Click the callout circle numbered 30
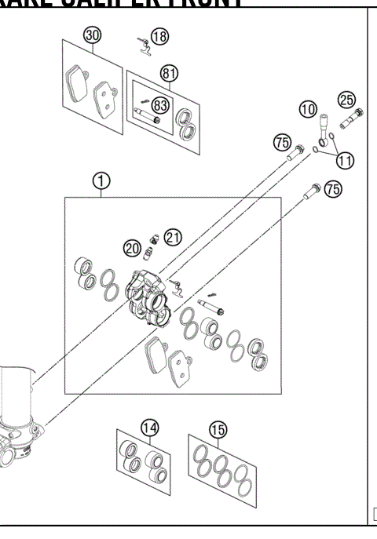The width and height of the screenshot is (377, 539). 93,36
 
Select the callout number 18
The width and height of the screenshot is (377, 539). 159,35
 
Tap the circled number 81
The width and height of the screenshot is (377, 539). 168,73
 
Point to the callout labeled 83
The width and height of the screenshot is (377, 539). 161,104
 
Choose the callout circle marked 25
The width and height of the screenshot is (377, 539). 346,99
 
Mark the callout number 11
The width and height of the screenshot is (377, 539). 345,159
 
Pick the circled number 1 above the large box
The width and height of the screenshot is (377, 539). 101,182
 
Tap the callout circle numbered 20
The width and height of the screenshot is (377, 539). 132,248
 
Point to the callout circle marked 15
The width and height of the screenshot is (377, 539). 218,429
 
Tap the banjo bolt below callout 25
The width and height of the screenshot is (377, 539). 350,122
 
